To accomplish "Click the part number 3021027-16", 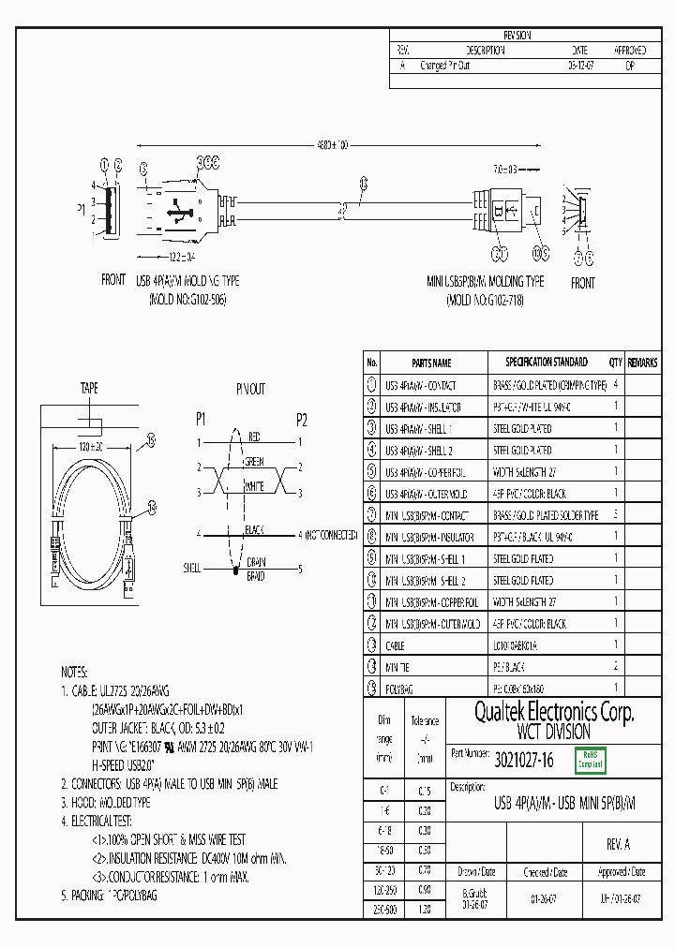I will [x=524, y=762].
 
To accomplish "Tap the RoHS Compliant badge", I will [x=591, y=759].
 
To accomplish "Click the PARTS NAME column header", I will [x=431, y=363].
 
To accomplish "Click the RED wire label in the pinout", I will [x=254, y=437].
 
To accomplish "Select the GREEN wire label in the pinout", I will [x=255, y=461].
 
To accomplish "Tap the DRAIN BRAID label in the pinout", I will [x=256, y=568].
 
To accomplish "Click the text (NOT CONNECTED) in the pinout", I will [x=329, y=534].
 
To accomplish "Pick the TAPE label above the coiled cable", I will [x=89, y=387].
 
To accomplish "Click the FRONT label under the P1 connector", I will [x=113, y=280].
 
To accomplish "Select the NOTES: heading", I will [x=74, y=673].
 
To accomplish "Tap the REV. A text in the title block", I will [x=619, y=844].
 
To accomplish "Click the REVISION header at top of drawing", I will [x=517, y=35].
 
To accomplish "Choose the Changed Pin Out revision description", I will [x=445, y=66].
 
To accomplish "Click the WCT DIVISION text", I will [x=553, y=732].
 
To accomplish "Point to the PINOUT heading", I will [x=250, y=388].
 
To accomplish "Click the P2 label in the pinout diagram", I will [x=301, y=419].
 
